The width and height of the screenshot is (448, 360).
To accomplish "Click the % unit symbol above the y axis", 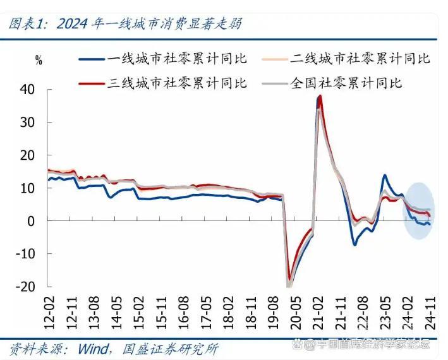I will click(x=39, y=61).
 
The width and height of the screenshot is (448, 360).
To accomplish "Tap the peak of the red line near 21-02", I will click(x=320, y=97).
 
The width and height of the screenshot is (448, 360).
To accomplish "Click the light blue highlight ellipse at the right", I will click(x=419, y=210).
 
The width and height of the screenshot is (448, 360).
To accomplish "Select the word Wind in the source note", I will click(x=94, y=348).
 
